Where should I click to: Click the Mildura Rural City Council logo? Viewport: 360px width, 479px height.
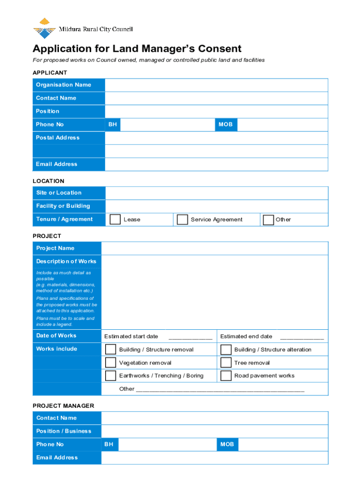44,29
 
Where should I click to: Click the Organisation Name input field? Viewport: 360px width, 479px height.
216,85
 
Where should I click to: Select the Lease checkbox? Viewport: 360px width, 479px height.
115,220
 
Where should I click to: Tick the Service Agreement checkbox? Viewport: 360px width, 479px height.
182,220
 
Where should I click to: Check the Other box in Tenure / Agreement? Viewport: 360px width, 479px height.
268,220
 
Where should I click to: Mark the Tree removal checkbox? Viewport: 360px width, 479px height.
226,363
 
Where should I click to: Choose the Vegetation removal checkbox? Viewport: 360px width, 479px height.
110,363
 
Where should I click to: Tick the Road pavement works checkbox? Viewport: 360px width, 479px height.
226,376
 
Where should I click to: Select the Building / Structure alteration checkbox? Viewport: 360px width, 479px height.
226,349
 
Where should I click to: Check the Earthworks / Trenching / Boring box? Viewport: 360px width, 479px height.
110,376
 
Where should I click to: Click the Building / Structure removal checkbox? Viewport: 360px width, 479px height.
110,349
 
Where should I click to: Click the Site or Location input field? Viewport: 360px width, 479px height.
216,193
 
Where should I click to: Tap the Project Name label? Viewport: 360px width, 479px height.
55,248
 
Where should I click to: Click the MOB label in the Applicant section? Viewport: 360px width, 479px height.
225,124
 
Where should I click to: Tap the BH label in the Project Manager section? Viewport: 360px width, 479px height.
108,444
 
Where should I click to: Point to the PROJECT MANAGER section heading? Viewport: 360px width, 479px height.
63,406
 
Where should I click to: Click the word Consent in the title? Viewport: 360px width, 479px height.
219,49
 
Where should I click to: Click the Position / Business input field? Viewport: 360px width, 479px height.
215,431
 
